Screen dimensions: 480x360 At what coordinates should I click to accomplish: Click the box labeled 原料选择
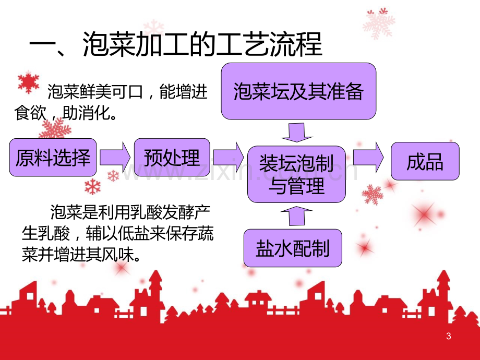53,158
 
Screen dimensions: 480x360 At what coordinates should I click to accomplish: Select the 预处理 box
172,158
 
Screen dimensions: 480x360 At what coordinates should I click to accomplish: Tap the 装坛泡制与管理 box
296,174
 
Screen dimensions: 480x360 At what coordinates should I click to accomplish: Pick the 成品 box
425,161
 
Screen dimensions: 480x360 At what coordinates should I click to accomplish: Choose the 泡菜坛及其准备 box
298,91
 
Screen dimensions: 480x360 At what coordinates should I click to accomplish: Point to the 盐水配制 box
293,248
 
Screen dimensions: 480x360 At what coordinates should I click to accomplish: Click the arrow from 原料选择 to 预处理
115,158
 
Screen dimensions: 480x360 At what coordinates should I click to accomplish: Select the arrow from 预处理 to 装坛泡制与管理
229,158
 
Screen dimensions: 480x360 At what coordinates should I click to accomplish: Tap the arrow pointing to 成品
368,158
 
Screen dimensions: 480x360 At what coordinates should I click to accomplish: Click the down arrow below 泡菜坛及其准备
297,132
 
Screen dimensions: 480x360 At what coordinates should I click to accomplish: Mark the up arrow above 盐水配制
297,216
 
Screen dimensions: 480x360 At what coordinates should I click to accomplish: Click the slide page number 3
449,336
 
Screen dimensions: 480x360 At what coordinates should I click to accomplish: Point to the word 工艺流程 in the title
269,45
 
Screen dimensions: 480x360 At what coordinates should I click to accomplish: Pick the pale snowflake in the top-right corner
379,23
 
